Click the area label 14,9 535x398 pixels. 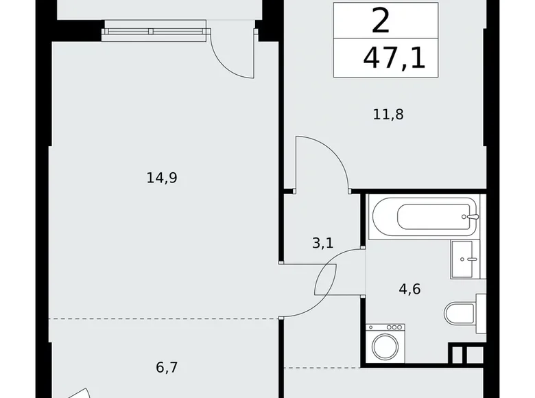pos(162,178)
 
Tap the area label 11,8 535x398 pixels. pos(388,114)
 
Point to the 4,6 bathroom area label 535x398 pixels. pos(409,289)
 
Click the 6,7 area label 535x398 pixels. pos(167,368)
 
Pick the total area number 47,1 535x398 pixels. pos(394,58)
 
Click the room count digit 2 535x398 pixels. pos(381,21)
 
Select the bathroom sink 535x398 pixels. pos(468,259)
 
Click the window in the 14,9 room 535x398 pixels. pos(155,30)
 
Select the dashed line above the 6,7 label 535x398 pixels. pos(165,319)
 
